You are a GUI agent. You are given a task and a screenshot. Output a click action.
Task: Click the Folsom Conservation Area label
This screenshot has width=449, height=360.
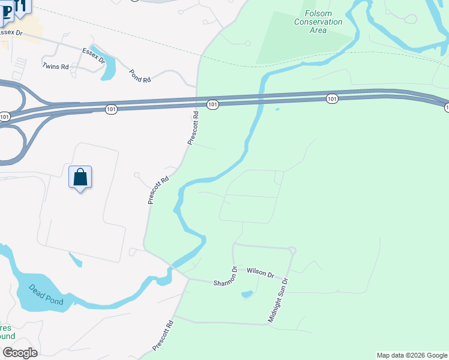[318, 22]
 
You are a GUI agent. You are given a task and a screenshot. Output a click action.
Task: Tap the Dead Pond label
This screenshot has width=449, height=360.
[46, 293]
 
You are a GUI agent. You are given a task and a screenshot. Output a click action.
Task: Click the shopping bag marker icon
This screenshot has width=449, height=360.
[80, 178]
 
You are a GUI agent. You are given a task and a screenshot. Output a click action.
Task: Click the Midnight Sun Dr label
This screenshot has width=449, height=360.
[278, 301]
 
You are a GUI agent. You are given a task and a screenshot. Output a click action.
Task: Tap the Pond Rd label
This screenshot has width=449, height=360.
[140, 75]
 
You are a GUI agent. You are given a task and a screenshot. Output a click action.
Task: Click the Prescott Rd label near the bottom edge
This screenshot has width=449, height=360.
[163, 335]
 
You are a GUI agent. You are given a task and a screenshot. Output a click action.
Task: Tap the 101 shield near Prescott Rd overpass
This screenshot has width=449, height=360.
[212, 104]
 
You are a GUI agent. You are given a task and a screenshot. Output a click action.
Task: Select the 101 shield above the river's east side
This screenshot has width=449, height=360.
[332, 98]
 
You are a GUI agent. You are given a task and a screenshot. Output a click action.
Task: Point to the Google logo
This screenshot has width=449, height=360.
[19, 353]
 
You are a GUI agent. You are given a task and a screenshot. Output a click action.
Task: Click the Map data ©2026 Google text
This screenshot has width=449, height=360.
[412, 355]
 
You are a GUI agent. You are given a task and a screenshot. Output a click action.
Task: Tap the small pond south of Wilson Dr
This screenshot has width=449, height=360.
[247, 295]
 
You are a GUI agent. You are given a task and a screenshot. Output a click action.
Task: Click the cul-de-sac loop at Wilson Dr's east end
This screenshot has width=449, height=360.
[292, 250]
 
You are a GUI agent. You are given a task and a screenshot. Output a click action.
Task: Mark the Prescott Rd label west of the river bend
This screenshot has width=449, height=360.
[158, 190]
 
